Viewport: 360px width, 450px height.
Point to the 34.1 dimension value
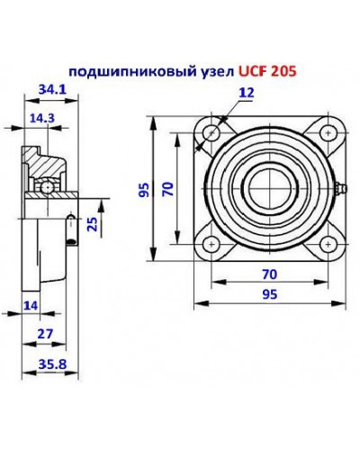coord(50,88)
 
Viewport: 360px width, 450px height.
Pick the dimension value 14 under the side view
coord(30,307)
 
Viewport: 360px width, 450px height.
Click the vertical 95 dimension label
coord(142,189)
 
